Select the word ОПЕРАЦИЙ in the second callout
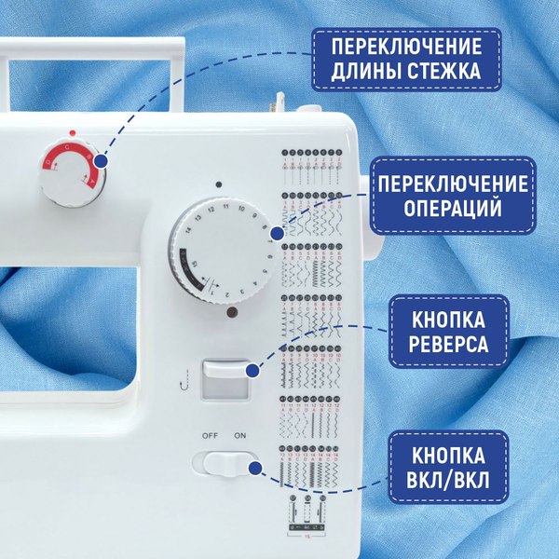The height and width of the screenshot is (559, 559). click(449, 207)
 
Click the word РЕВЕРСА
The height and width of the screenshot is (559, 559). click(449, 344)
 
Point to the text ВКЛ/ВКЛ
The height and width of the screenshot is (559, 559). click(449, 482)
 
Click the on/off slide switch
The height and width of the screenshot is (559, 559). click(226, 464)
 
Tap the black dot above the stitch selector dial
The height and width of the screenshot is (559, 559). click(215, 184)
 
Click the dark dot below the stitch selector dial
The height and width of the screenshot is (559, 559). click(229, 315)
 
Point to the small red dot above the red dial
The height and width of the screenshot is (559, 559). click(69, 133)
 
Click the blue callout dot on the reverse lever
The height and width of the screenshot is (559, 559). click(252, 372)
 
